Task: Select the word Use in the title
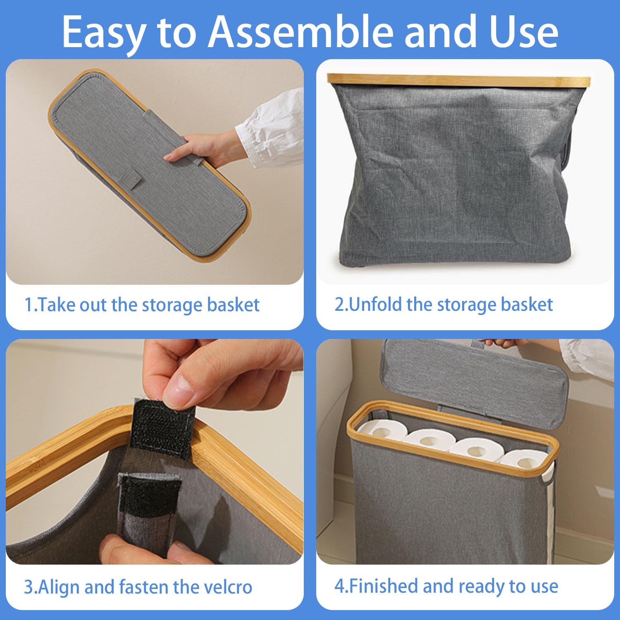point(524,32)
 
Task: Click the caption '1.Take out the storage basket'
point(142,305)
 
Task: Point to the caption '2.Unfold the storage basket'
point(444,305)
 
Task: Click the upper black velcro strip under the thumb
point(162,428)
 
